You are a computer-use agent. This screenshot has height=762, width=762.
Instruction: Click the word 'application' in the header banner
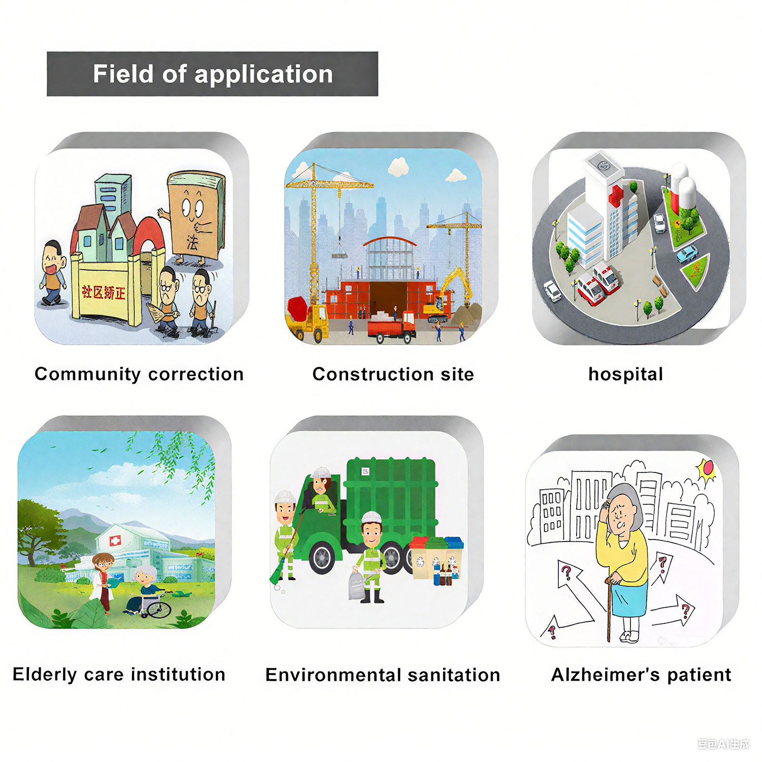(264, 75)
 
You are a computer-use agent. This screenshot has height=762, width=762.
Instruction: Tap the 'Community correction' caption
(139, 374)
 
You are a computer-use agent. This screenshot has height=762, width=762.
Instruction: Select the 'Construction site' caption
(393, 374)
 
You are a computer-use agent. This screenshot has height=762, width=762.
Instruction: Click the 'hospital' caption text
(625, 374)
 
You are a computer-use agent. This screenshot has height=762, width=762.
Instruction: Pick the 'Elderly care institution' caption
(119, 675)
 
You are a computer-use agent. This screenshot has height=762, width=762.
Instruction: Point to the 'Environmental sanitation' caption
(383, 675)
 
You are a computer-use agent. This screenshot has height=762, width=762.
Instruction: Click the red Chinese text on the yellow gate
(104, 292)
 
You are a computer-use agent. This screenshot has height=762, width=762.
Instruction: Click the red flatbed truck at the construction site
(391, 328)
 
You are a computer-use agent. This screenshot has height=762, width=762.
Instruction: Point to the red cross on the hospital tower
(617, 196)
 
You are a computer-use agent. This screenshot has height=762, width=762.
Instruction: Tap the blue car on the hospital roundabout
(687, 253)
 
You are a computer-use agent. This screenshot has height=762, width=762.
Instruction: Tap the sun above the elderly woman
(706, 468)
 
